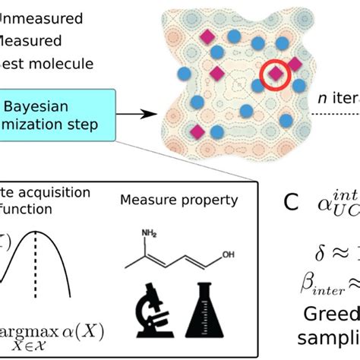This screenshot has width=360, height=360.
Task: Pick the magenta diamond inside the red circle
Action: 276,74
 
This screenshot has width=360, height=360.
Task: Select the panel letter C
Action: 290,203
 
